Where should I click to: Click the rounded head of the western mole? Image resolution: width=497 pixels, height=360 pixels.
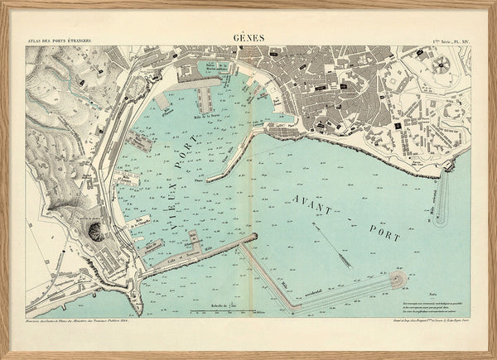[402, 280]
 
